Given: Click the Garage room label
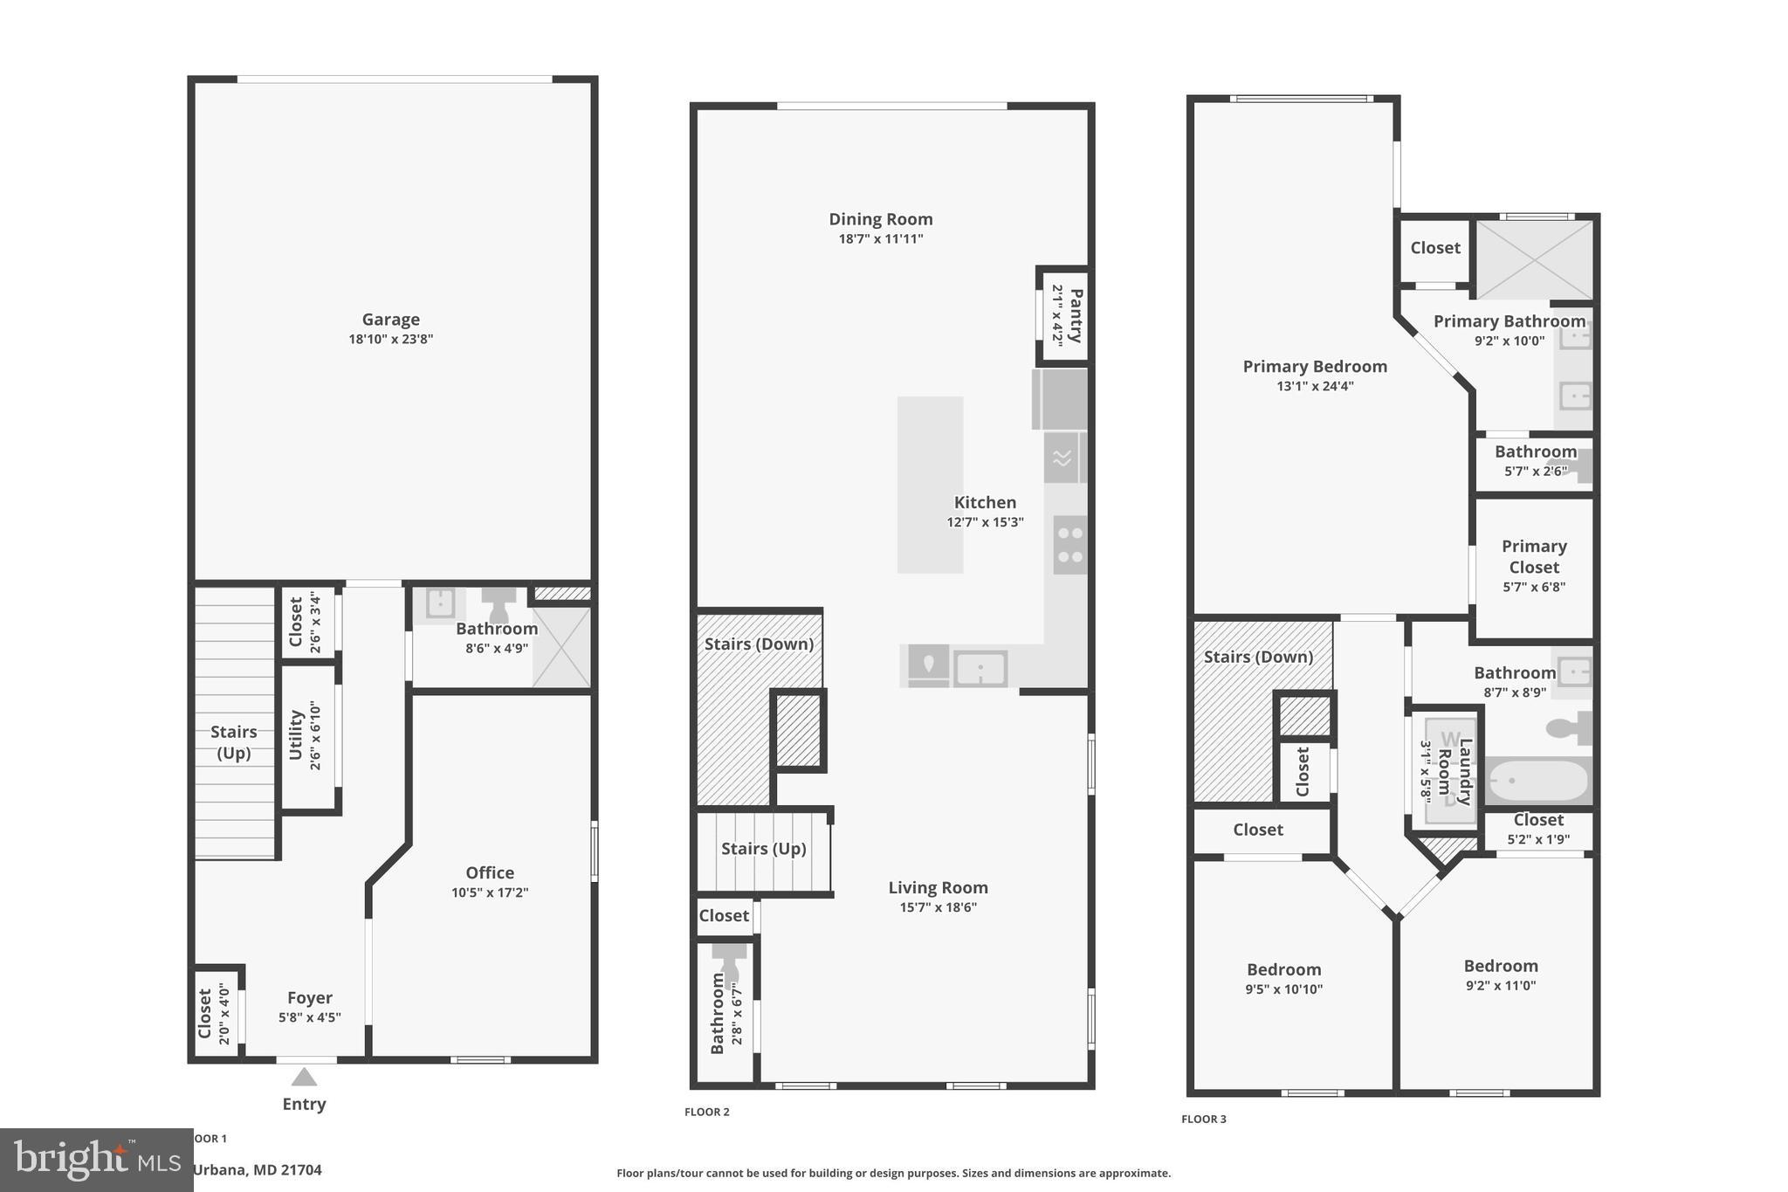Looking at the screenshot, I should coord(390,320).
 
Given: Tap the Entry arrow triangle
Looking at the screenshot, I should coord(304,1077).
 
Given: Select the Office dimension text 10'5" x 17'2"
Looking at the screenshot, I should coord(490,892).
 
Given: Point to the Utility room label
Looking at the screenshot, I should coord(296,735).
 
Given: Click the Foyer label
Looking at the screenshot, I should coord(310,997).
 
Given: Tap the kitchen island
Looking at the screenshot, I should coord(930,485).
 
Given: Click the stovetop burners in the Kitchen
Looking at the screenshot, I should coord(1069,544).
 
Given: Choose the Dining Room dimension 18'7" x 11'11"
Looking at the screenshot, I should coord(881,239).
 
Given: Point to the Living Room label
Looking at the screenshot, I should coord(938,887).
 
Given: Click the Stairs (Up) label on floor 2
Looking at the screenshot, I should coord(763,848).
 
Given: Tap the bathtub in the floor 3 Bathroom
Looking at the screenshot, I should coord(1537,781).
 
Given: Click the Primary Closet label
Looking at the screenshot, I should coord(1534,556).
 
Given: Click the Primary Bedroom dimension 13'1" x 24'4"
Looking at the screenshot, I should coord(1315,386).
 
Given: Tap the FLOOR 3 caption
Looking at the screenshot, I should coord(1203,1119).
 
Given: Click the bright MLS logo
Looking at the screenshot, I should coord(96,1160).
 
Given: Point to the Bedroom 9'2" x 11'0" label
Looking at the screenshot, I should coord(1500,966).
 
